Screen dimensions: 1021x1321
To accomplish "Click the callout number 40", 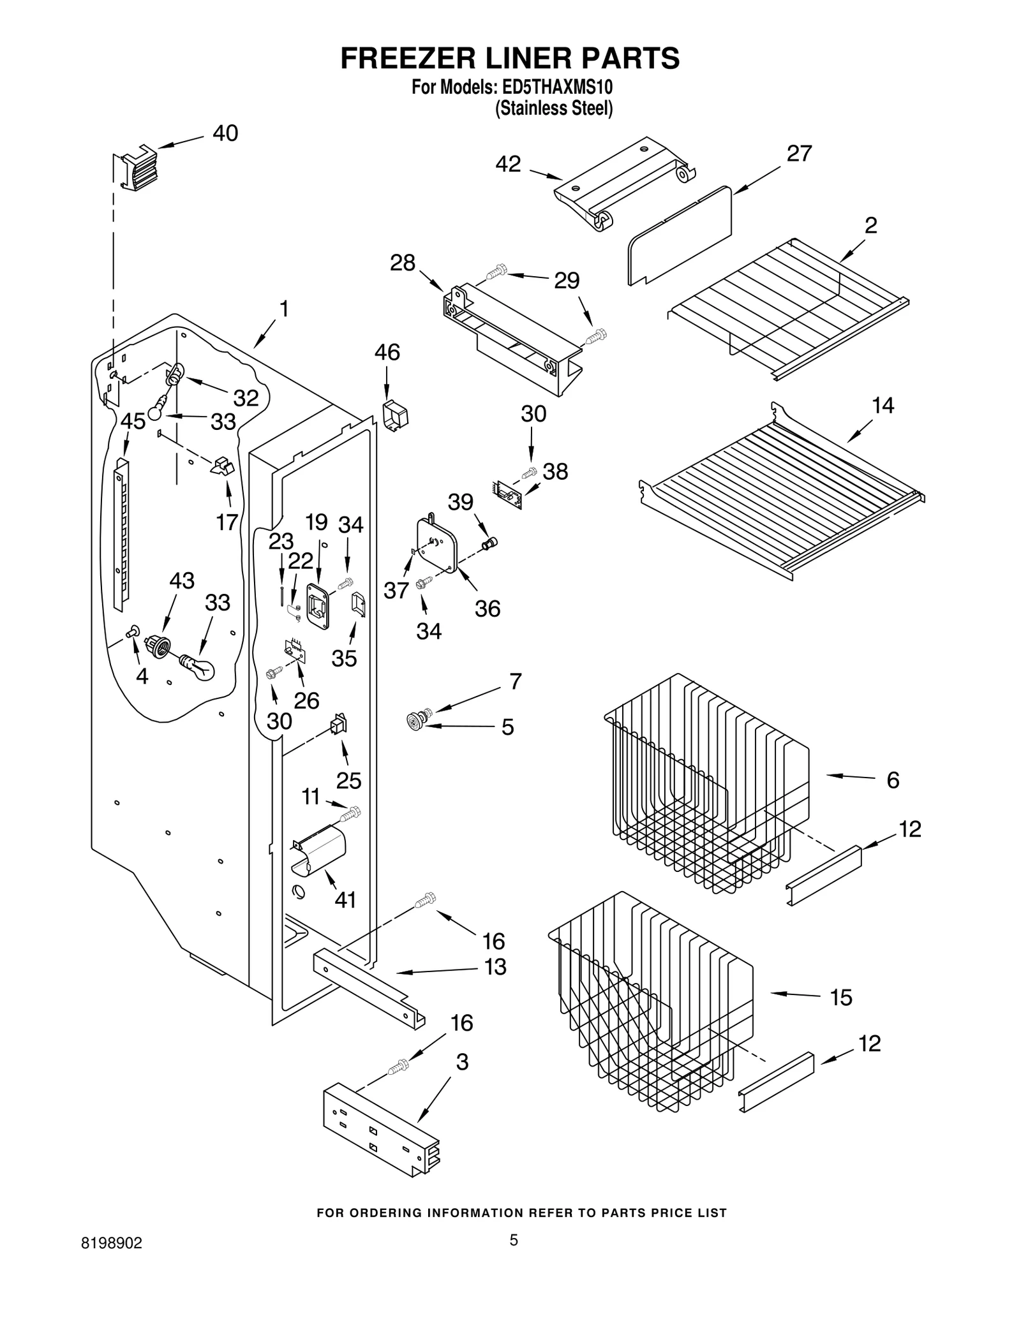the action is (225, 133).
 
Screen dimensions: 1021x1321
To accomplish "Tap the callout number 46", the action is (387, 352).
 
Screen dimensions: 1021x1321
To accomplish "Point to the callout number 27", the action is (799, 154).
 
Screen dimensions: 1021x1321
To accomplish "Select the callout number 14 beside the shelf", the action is (883, 405).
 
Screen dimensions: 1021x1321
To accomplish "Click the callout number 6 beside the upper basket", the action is (893, 779).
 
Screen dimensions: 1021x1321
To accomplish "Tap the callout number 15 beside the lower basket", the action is (841, 998).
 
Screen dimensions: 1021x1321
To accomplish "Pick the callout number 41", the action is (345, 900).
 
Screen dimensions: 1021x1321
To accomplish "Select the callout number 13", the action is (495, 967).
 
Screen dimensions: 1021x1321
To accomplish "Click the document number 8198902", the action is (112, 1262).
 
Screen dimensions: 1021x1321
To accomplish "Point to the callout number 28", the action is (403, 263).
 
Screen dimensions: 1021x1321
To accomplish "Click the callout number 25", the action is (349, 780).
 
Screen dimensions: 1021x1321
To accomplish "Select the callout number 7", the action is (516, 681).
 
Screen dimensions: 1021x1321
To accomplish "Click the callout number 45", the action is (133, 422).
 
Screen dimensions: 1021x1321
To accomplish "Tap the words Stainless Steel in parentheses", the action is (554, 108).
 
